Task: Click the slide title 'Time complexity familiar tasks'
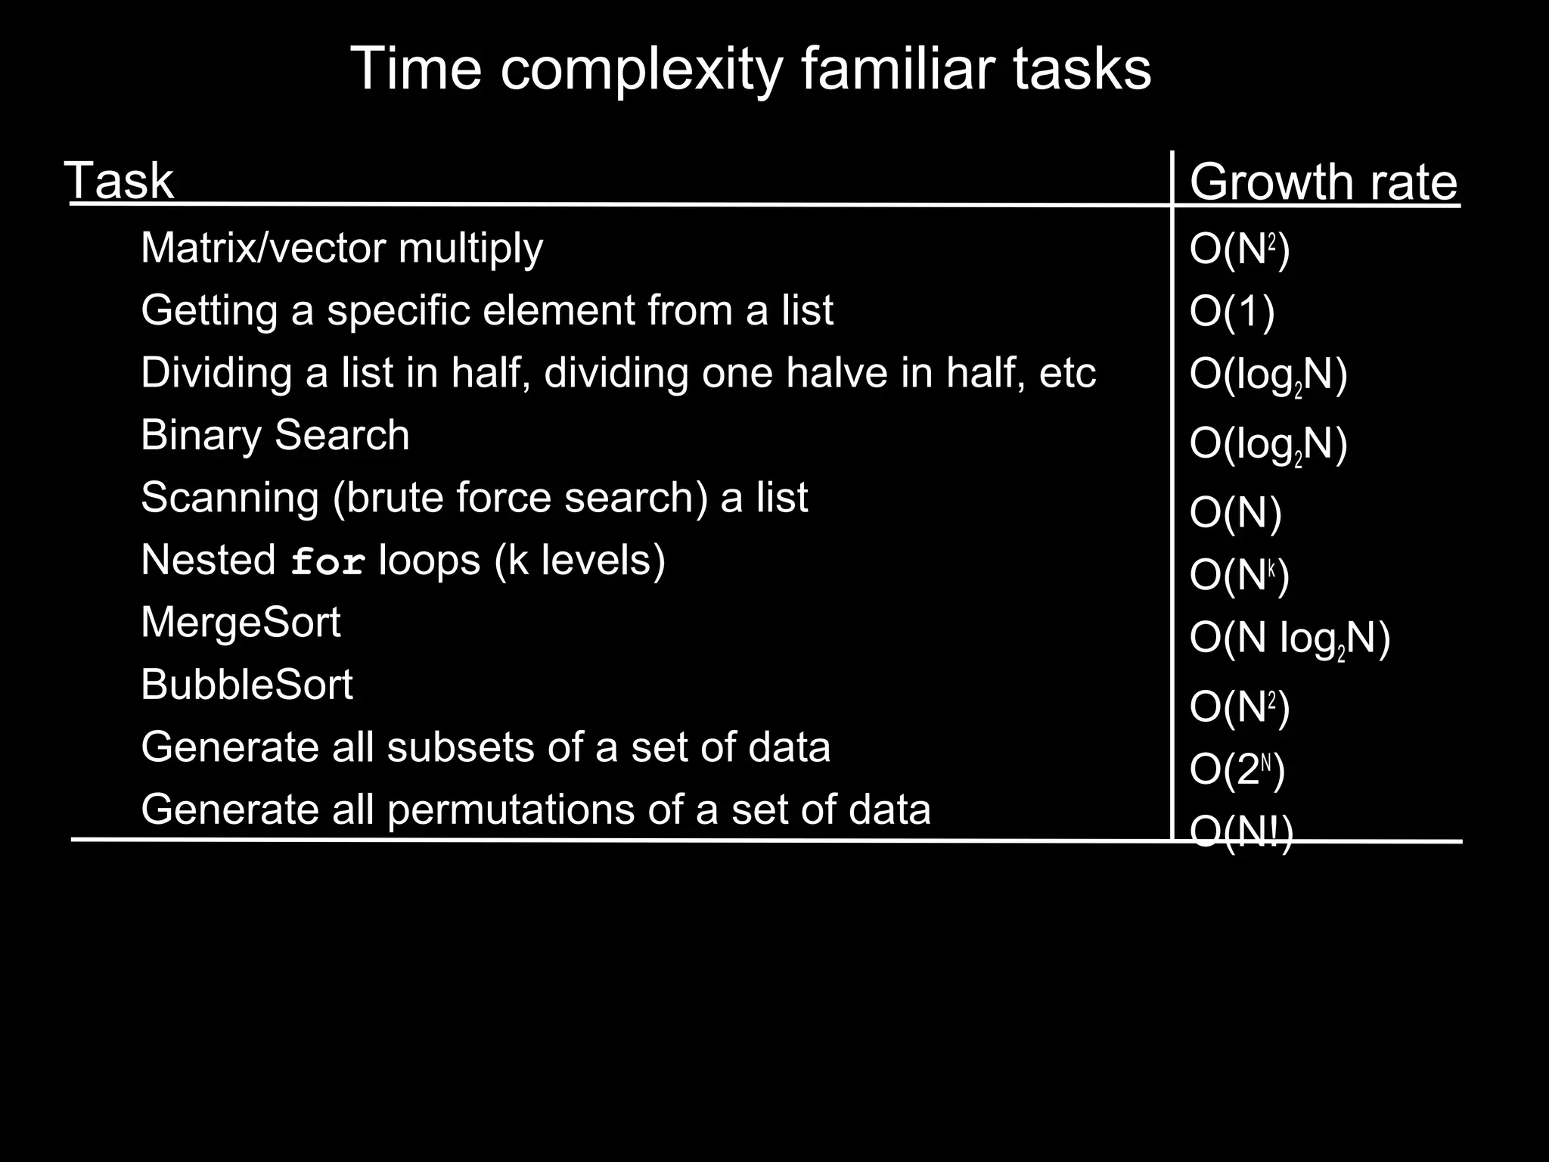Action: tap(750, 70)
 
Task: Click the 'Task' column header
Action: tap(121, 182)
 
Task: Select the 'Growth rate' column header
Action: tap(1323, 182)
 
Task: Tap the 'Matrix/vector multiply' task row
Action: tap(342, 248)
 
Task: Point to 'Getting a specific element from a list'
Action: tap(487, 310)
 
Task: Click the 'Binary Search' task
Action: tap(275, 436)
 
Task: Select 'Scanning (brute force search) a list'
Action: tap(474, 498)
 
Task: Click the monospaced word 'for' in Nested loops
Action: tap(328, 563)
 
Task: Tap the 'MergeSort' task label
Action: tap(241, 623)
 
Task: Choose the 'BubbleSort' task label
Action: tap(247, 685)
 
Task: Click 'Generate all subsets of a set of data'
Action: tap(486, 747)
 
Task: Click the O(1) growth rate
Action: tap(1232, 311)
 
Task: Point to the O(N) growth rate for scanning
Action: tap(1235, 513)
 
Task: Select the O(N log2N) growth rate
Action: tap(1290, 639)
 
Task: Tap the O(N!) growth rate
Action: tap(1241, 833)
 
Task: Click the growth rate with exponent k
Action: tap(1239, 576)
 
